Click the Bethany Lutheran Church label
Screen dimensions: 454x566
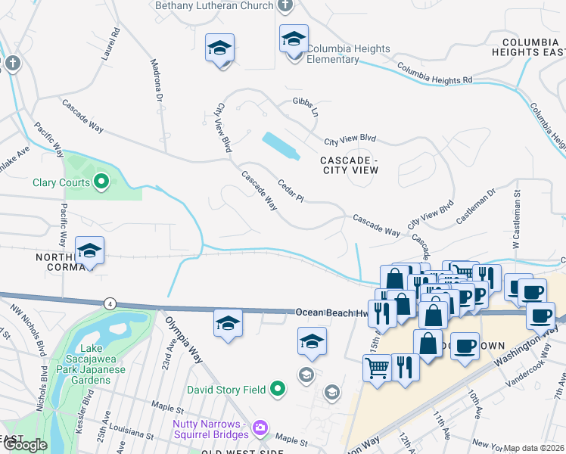(x=213, y=6)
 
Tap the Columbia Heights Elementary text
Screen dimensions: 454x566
(x=348, y=54)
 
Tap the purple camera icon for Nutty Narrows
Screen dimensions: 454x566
(x=260, y=429)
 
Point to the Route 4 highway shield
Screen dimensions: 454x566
(x=110, y=303)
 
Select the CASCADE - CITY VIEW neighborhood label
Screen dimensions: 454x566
(x=348, y=165)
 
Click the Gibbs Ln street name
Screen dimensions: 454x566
(x=306, y=102)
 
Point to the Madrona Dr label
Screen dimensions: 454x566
(x=156, y=81)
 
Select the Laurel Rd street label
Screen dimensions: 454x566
(x=115, y=43)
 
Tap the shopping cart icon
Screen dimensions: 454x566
(x=378, y=368)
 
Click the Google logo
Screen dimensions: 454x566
(x=25, y=445)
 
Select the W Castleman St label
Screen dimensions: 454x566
(x=518, y=215)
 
